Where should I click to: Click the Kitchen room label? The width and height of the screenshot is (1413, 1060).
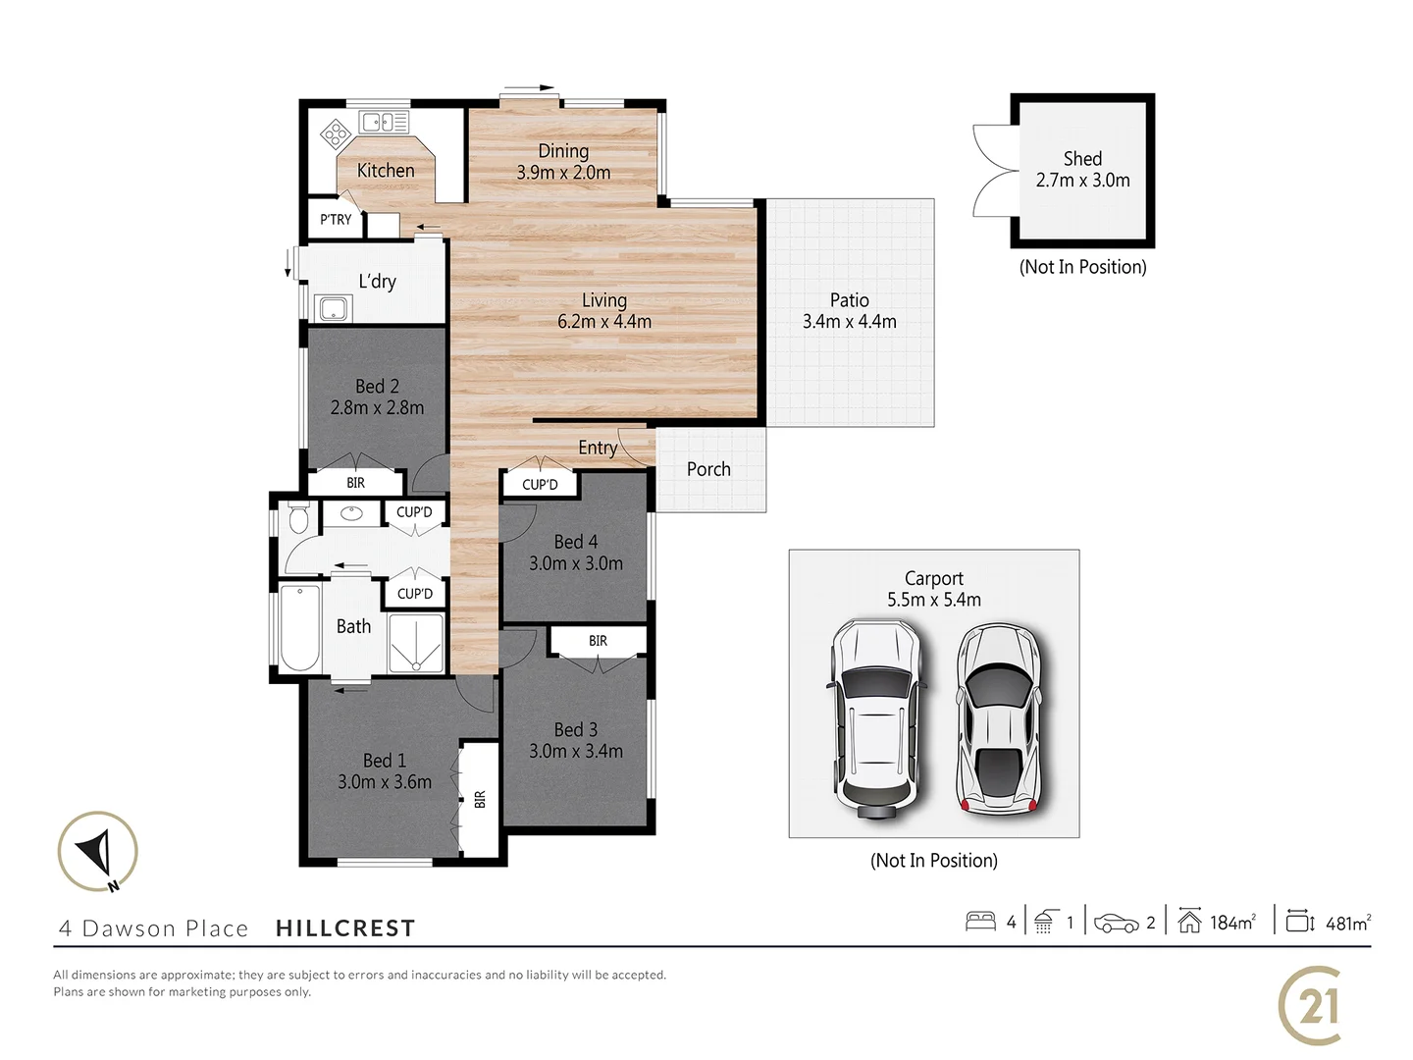386,171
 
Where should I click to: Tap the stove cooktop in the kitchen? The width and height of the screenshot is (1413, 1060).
336,132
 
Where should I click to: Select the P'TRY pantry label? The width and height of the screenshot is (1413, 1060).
336,220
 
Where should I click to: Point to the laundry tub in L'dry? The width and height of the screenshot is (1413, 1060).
333,308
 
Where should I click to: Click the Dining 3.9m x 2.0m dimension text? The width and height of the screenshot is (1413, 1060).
563,173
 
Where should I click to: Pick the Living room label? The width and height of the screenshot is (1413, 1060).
603,300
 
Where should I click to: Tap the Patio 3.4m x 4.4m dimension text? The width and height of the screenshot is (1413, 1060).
849,322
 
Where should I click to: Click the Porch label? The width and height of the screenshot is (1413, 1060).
708,469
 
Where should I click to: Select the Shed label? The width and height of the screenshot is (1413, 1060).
1082,159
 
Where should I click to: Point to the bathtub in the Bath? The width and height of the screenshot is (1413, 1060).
299,626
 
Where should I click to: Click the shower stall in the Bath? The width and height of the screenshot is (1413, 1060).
416,643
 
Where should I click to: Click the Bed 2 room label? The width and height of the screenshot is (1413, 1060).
377,387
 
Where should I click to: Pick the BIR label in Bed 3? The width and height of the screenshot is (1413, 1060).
598,641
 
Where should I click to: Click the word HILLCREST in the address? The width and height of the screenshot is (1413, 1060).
345,928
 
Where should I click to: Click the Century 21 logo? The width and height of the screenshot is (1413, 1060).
1310,1006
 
